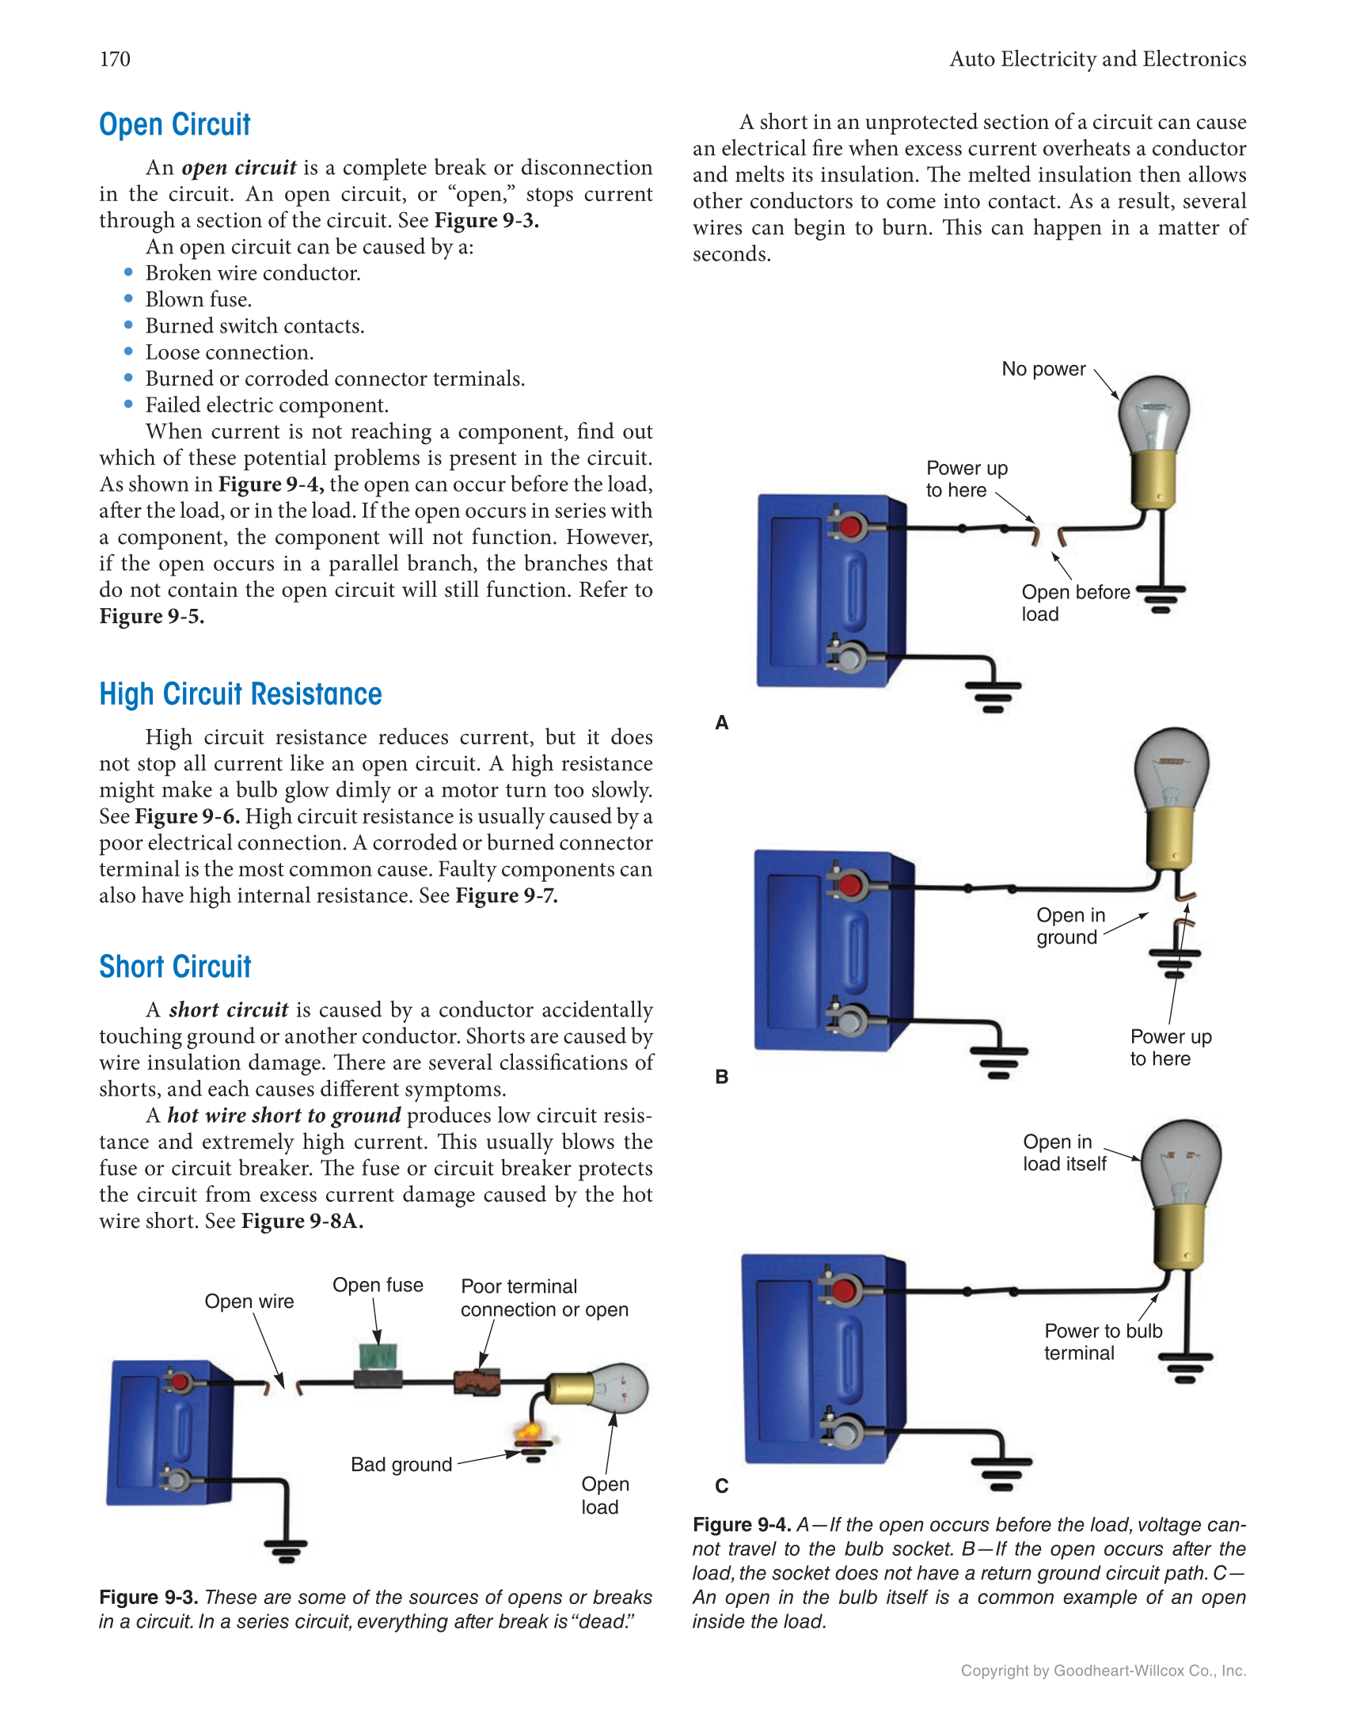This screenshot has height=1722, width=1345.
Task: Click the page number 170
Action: [x=115, y=59]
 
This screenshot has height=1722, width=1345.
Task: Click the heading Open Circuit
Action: [x=174, y=125]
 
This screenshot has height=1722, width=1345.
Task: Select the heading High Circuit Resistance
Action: [x=240, y=694]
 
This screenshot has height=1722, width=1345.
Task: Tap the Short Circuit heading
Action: [x=175, y=967]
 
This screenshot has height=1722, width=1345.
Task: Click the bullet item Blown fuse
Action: [x=198, y=300]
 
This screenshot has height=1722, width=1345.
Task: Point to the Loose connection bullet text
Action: [x=229, y=352]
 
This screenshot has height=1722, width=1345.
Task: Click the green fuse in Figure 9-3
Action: [x=378, y=1357]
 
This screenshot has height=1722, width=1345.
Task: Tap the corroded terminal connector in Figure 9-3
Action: [x=477, y=1382]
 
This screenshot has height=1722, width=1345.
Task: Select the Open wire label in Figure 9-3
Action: [x=249, y=1302]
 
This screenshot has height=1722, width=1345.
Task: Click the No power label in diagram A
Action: [x=1043, y=370]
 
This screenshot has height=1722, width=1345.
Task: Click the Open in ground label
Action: [x=1070, y=926]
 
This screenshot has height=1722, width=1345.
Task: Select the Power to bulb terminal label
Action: [x=1102, y=1342]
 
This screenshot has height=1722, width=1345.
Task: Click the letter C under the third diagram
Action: [x=721, y=1486]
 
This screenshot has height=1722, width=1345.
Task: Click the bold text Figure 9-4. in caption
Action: [x=741, y=1525]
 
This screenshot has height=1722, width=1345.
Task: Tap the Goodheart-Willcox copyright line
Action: [x=1103, y=1671]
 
